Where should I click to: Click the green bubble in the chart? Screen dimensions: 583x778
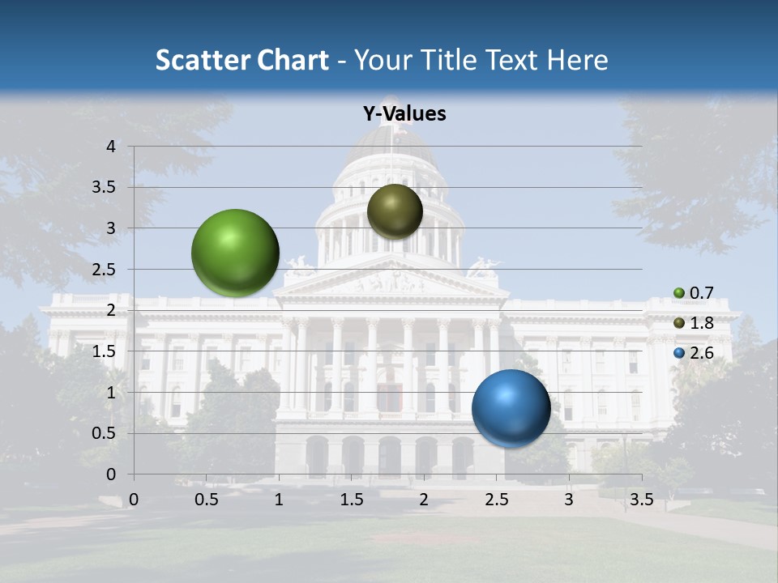coord(236,253)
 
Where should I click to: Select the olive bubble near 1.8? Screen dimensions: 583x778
coord(395,211)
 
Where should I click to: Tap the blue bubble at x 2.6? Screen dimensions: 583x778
coord(511,408)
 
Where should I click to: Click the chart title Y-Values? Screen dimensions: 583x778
coord(404,114)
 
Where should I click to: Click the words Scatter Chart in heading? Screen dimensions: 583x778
coord(242,60)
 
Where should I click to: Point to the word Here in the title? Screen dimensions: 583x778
coord(577,60)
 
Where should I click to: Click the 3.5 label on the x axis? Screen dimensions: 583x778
coord(641,500)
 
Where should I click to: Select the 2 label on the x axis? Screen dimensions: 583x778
coord(424,500)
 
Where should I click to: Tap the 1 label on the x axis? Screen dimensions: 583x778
coord(279,500)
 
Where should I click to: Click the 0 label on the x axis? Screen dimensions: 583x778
coord(134,500)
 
